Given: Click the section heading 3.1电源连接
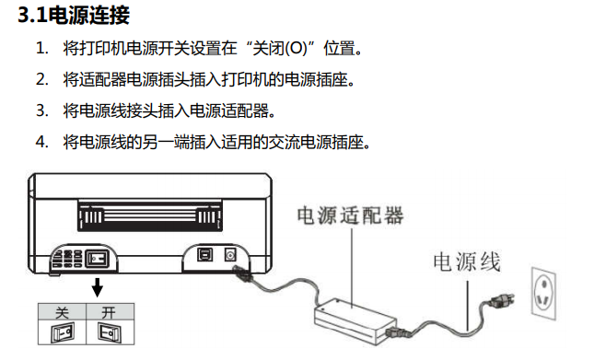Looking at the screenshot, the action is (x=74, y=16).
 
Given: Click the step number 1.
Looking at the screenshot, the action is (x=42, y=49).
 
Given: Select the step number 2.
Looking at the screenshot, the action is (x=42, y=79).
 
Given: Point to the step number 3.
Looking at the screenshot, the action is (x=42, y=110).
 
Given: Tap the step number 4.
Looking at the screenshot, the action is (x=42, y=143).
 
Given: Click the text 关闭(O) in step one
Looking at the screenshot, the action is (x=280, y=49).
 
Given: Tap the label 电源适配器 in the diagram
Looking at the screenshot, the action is (x=351, y=215).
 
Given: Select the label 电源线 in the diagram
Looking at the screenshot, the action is (x=467, y=262).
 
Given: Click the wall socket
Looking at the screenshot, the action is (x=543, y=294).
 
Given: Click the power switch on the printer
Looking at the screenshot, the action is (x=97, y=259).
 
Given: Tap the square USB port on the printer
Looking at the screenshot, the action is (x=205, y=255).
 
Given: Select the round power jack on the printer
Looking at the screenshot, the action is (x=230, y=255).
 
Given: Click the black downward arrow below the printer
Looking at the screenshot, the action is (x=98, y=287).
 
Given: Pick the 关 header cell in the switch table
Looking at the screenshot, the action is (x=62, y=312).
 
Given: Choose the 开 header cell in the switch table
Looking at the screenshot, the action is (x=110, y=312).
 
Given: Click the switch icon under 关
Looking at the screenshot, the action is (x=62, y=333).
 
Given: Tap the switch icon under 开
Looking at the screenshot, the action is (x=110, y=332).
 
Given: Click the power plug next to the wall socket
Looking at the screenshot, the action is (x=501, y=301).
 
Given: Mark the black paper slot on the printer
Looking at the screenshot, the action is (x=149, y=215).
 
